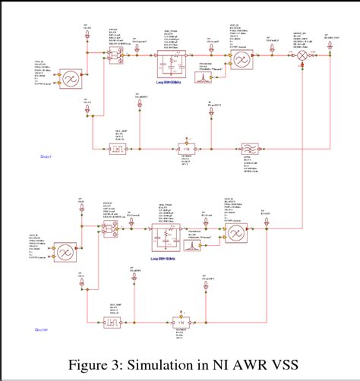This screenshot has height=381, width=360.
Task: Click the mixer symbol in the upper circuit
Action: point(300,56)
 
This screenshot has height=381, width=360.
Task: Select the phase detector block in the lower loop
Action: point(107,228)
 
